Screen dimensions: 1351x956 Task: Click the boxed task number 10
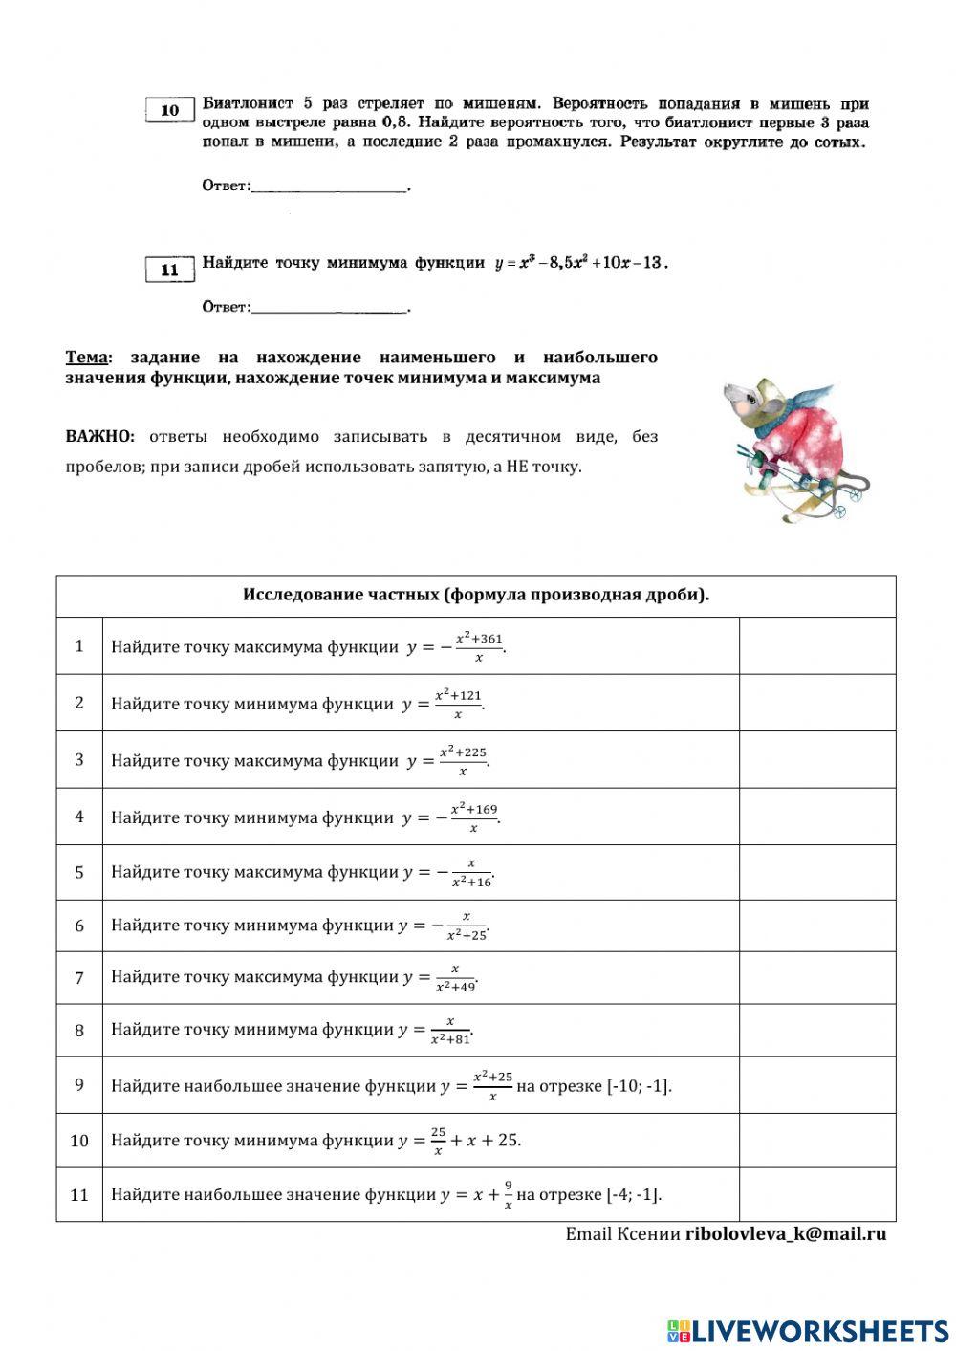coord(170,110)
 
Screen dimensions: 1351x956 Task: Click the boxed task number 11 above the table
coord(170,270)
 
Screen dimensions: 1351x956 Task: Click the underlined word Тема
coord(86,358)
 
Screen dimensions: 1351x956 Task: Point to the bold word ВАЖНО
coord(99,437)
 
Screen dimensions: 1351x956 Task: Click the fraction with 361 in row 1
coord(478,647)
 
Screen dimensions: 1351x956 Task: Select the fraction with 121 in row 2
coord(458,704)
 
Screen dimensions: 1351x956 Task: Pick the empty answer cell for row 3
coord(817,759)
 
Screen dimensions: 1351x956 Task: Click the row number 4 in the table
coord(79,817)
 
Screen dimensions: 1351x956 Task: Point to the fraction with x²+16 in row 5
coord(471,872)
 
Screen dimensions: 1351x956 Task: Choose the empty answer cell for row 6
coord(817,926)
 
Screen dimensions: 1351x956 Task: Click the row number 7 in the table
coord(79,977)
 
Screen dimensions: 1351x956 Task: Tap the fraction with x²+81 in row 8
coord(450,1030)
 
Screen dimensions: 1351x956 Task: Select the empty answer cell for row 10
coord(817,1140)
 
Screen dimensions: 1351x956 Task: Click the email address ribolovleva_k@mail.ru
coord(785,1233)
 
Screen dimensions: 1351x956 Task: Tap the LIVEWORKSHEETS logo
coord(808,1330)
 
